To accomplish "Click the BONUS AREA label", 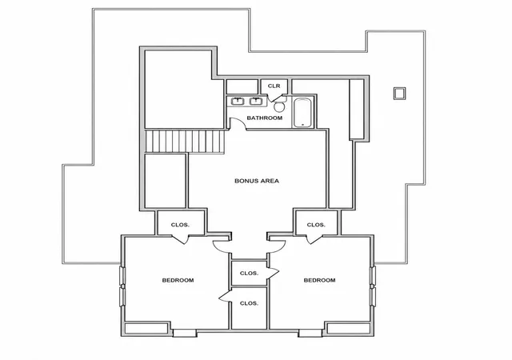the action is pos(257,181).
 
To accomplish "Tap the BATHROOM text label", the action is pos(265,118).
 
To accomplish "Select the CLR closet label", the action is pos(274,86).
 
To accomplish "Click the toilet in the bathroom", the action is pos(279,105).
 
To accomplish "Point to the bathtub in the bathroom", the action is pos(302,113).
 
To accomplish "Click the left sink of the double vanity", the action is pos(238,102).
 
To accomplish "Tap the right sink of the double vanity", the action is pos(256,102).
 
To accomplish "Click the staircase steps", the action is pos(185,141).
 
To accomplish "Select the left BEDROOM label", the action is pos(178,280).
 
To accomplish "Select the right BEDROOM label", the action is pos(319,280).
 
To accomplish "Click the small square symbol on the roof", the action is pos(399,93).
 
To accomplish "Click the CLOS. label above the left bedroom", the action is pos(180,225).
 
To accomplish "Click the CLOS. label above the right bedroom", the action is pos(316,225).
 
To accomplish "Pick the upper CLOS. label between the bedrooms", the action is pos(249,273).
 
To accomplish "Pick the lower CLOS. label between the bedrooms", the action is pos(249,303).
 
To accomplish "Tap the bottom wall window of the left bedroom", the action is pos(185,334).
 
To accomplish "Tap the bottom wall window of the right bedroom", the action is pos(310,334).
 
